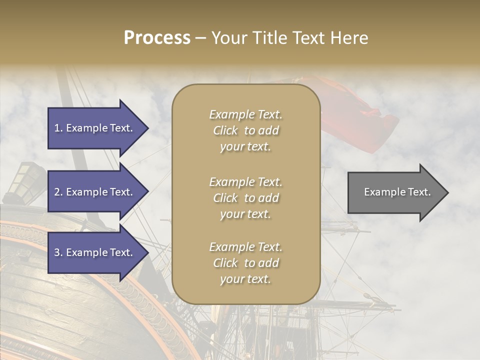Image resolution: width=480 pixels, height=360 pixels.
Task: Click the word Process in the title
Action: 157,38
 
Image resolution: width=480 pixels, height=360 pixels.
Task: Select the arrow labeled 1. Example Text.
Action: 95,128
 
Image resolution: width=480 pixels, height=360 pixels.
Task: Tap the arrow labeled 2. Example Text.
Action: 95,192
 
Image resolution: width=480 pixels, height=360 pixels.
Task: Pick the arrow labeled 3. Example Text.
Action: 95,252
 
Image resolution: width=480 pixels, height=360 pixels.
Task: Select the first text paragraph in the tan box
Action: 245,130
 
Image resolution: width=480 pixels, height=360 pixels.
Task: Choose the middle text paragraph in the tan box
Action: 245,198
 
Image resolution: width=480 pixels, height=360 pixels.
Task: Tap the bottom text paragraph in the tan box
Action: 245,263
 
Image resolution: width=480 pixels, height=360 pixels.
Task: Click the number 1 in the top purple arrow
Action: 56,128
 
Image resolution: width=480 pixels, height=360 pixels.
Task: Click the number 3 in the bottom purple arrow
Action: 57,252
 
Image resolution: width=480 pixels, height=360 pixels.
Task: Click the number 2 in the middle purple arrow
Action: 57,192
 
